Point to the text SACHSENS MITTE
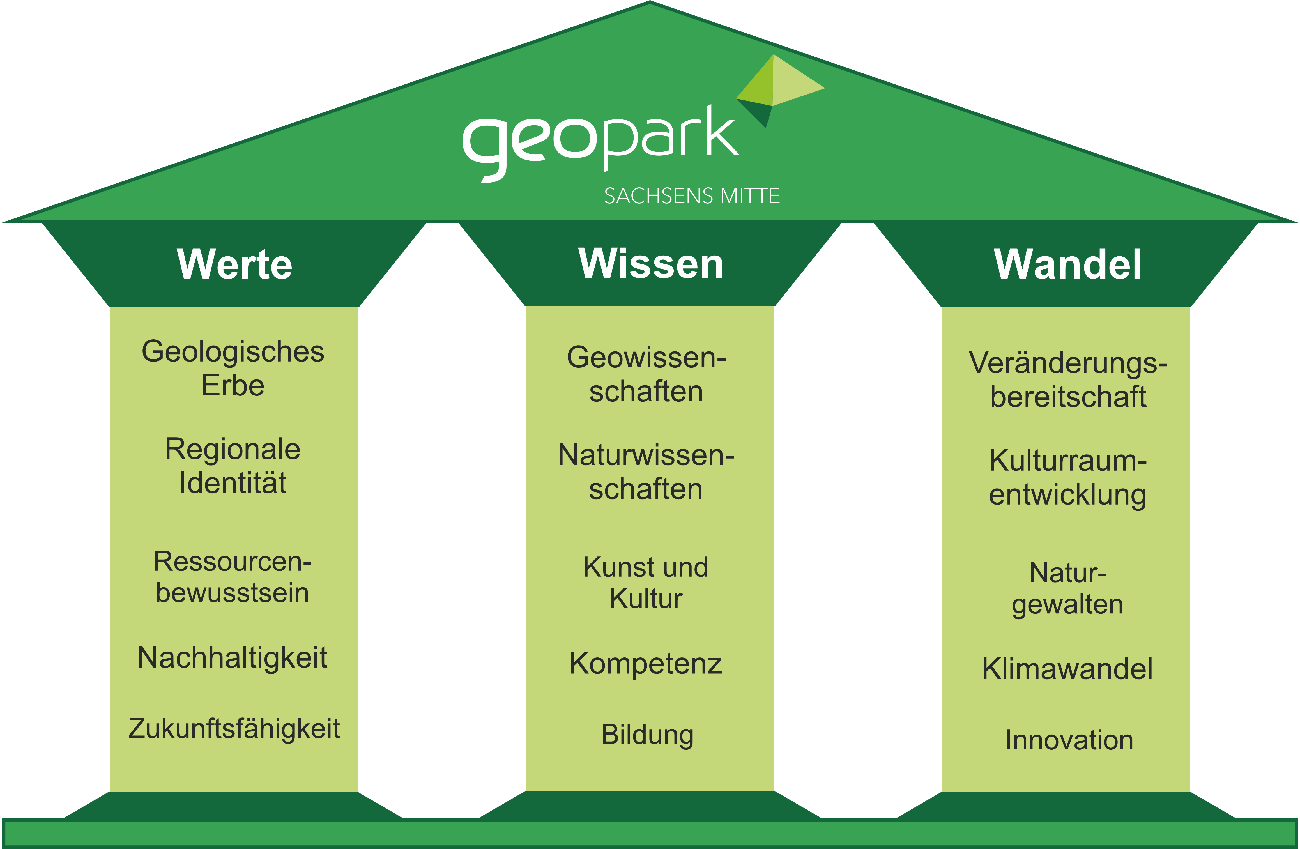point(692,195)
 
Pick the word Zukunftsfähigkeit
point(234,729)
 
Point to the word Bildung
point(647,735)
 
